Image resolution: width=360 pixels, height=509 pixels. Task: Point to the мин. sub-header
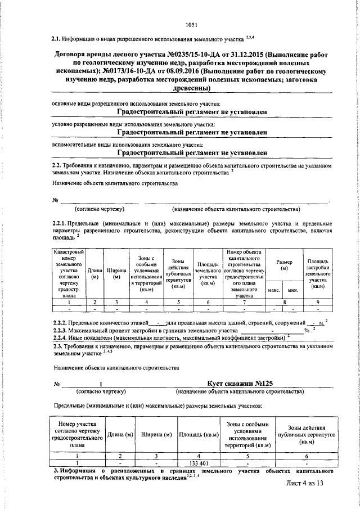(292, 290)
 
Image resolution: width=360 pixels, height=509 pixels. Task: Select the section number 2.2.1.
(59, 223)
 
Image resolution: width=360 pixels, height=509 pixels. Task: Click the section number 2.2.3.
(59, 330)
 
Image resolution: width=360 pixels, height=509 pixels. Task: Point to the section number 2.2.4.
(59, 337)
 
